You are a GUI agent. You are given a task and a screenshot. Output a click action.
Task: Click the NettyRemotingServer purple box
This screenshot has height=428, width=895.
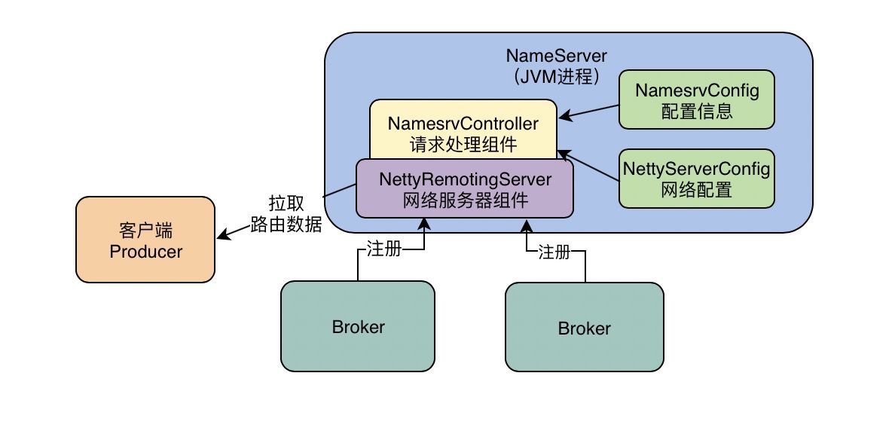click(x=464, y=188)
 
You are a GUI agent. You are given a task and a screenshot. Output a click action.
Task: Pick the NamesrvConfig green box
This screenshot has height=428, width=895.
click(x=696, y=101)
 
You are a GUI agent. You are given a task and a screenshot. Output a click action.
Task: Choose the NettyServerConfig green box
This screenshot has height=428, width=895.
click(x=696, y=179)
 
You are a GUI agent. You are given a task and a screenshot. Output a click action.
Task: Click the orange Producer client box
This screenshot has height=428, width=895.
click(x=145, y=240)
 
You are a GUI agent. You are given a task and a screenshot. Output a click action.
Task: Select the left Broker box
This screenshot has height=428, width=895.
click(x=358, y=326)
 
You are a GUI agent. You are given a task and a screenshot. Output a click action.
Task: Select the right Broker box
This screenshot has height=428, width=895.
click(x=583, y=328)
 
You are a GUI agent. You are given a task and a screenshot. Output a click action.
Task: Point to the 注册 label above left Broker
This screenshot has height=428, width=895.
click(x=383, y=249)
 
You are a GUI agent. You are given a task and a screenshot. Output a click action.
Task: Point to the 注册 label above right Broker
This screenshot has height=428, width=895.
click(x=554, y=252)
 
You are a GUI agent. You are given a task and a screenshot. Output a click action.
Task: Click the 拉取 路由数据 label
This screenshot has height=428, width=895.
click(x=286, y=214)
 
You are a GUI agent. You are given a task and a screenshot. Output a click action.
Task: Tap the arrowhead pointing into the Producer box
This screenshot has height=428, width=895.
click(x=221, y=235)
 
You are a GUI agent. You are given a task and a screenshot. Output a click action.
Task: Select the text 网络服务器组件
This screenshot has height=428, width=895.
click(x=466, y=200)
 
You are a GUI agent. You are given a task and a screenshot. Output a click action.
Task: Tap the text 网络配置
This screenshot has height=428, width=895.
click(x=696, y=190)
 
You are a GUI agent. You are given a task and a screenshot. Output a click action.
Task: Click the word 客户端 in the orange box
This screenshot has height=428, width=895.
click(x=145, y=230)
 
